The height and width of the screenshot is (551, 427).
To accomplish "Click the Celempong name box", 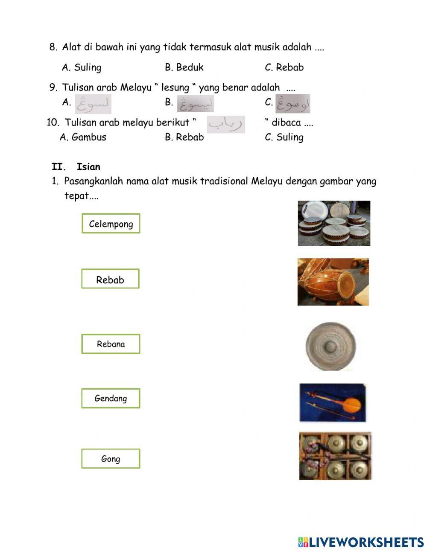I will coord(111,224).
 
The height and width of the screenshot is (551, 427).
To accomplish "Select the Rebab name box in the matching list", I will coord(110,279).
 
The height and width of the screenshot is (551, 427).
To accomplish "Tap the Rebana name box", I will coord(111,344).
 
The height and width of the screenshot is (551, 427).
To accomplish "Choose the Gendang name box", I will coord(111,398).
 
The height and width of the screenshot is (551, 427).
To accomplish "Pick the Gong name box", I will coord(111,459).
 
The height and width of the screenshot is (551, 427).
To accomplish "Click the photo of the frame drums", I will coord(334,223).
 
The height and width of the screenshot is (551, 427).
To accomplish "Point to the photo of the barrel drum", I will coord(333,282).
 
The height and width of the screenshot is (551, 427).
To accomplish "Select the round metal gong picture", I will coord(331,346).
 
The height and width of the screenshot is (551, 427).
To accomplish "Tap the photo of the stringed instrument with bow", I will coord(333,402).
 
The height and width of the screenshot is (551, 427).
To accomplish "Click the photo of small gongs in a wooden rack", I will coord(335,456).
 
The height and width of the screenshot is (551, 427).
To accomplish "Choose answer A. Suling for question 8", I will coord(82,67).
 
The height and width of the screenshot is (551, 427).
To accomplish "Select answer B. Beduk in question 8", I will coord(184,67).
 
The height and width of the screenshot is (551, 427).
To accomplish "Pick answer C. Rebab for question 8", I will coord(284,67).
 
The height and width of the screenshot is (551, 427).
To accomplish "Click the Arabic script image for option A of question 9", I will coord(93,104).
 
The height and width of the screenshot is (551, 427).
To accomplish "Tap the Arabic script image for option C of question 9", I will coord(293,104).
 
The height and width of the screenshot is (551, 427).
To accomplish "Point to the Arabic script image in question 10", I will coord(226,124).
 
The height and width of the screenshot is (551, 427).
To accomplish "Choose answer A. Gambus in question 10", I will coord(83,137).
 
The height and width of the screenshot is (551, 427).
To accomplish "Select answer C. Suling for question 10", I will coord(284,137).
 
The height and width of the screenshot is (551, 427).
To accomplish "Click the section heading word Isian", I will coord(88,167).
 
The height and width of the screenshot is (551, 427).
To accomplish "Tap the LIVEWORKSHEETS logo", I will coord(361,542).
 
